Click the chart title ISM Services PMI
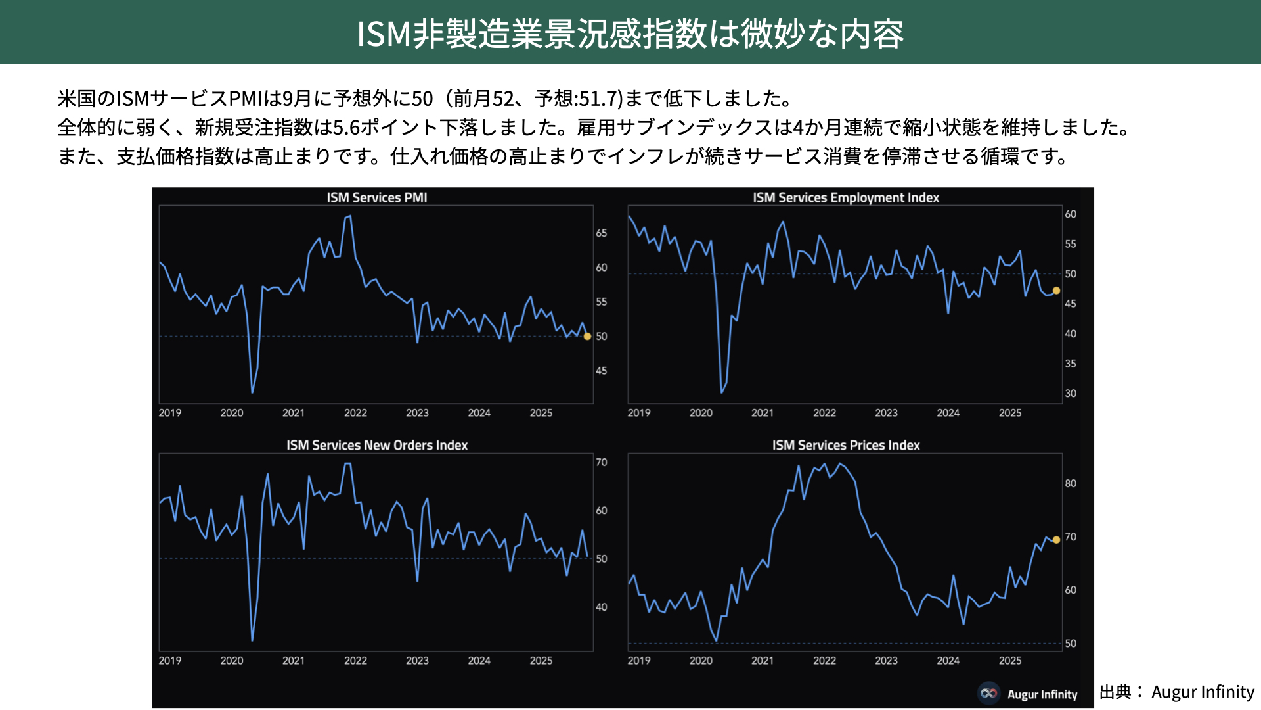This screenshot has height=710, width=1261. [377, 197]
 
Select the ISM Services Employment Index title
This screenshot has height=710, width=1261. [846, 197]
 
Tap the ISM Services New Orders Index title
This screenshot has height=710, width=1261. [377, 445]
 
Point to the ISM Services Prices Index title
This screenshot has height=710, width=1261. [846, 445]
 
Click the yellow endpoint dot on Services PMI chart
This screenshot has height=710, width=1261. [588, 336]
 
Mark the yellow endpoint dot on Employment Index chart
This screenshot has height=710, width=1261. [1056, 291]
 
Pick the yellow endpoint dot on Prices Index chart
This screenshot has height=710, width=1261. [1056, 540]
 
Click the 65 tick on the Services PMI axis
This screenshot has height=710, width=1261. [602, 233]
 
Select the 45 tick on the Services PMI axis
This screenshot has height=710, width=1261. [602, 371]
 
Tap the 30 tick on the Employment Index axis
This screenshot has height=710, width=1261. [1071, 394]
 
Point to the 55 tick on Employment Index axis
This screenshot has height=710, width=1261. [1071, 244]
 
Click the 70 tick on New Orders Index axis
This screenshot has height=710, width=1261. [602, 462]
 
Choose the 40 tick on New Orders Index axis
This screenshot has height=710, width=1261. [602, 607]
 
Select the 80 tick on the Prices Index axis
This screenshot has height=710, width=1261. [1071, 484]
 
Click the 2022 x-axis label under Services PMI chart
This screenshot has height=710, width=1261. [355, 413]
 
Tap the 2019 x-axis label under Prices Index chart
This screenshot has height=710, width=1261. [639, 661]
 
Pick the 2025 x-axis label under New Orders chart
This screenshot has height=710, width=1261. [541, 661]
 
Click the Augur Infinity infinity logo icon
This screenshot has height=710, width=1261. [988, 693]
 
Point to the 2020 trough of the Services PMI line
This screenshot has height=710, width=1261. [253, 392]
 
